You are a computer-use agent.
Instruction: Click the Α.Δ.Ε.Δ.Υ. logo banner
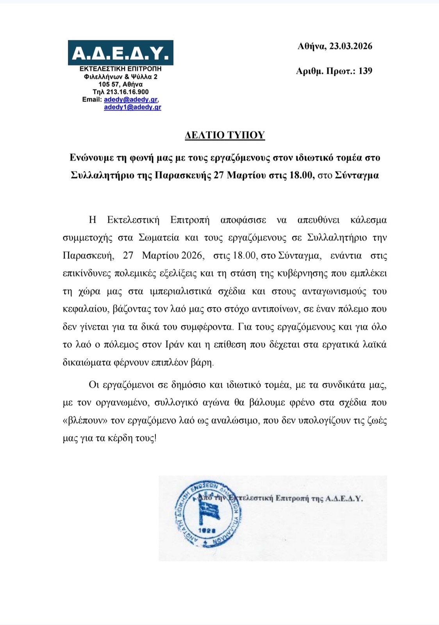(x=120, y=53)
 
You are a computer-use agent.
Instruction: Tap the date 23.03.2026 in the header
(x=351, y=46)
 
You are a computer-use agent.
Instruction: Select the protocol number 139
(x=365, y=71)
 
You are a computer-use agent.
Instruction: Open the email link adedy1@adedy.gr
(x=132, y=107)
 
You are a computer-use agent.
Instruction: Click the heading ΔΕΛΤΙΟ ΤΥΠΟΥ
(x=225, y=135)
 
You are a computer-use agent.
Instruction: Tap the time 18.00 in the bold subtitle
(x=301, y=175)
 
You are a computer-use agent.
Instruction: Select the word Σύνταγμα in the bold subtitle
(x=357, y=175)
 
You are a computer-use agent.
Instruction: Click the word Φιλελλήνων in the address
(x=102, y=77)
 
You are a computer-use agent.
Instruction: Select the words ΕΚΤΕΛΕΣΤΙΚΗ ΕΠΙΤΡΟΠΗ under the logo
(x=120, y=69)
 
